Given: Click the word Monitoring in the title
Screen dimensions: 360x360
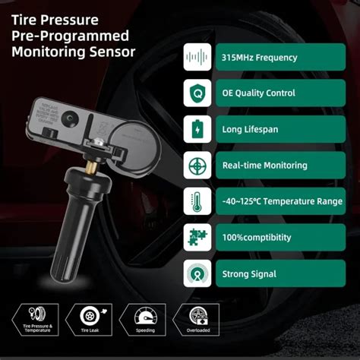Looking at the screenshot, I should (x=48, y=52).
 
